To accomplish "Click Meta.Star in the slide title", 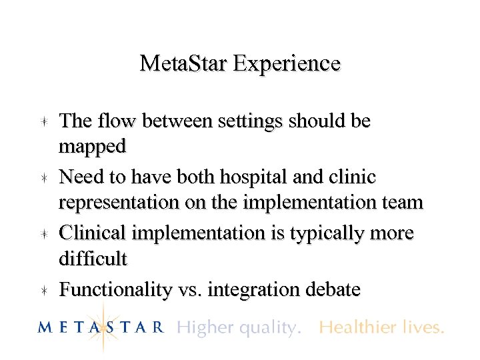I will (184, 63).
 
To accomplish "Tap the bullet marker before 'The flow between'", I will (41, 122).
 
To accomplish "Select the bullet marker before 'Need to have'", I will (41, 178).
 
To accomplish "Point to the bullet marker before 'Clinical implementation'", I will (41, 234).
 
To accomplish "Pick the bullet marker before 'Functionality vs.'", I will (41, 290).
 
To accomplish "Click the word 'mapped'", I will (92, 145).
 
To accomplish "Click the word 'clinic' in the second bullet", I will (351, 177).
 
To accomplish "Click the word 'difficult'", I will (93, 257).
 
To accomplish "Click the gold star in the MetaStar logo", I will (104, 326).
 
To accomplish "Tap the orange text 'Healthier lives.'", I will (381, 327).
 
